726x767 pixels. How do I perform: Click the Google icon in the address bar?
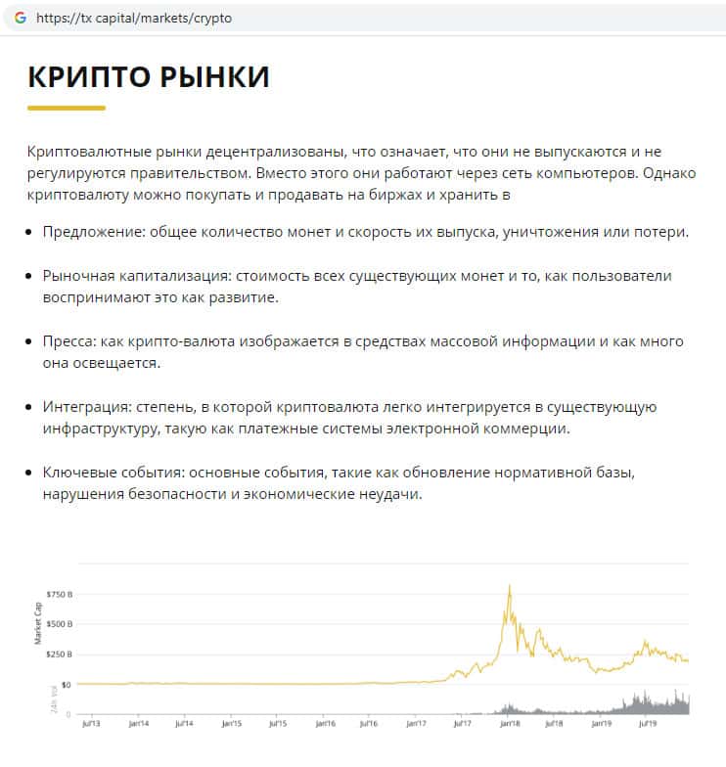click(x=20, y=18)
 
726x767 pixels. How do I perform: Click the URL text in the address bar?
click(x=134, y=18)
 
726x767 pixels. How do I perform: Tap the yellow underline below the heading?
click(x=66, y=108)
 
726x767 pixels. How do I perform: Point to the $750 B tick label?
click(x=60, y=594)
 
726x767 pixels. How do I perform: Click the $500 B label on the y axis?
click(x=60, y=623)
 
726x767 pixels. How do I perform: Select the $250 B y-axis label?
click(x=60, y=654)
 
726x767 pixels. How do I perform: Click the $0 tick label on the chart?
click(x=66, y=684)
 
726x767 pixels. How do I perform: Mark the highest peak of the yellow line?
click(x=510, y=586)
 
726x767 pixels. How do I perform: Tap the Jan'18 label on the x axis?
click(x=509, y=725)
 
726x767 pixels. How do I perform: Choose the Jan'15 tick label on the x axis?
click(x=232, y=725)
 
